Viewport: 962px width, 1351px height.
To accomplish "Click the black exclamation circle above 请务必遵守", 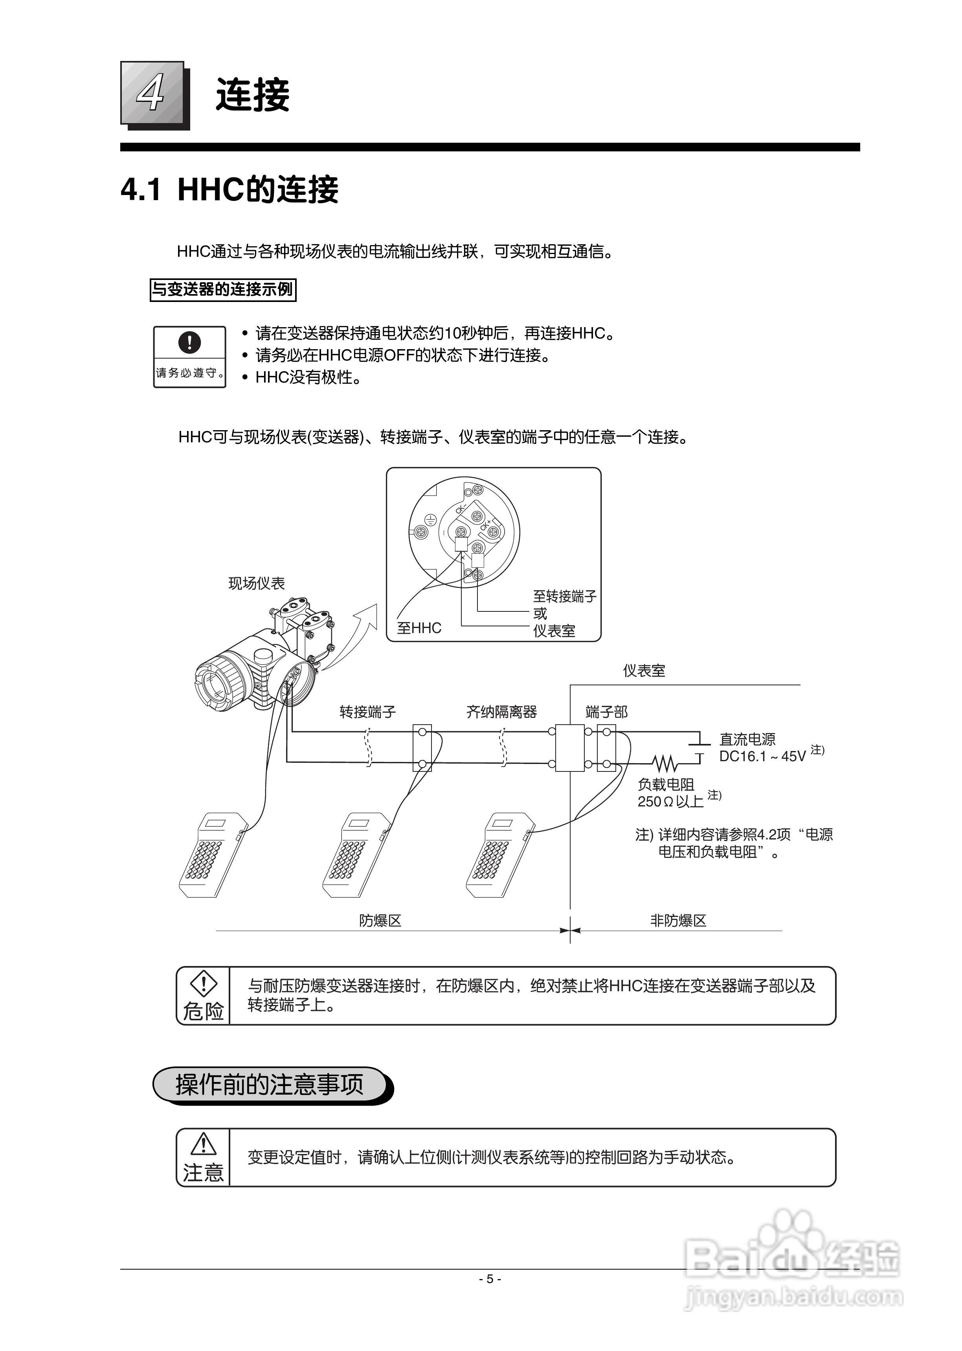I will [x=189, y=342].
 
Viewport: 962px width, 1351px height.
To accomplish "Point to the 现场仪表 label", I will [x=257, y=583].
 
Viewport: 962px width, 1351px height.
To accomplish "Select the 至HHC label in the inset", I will [x=419, y=628].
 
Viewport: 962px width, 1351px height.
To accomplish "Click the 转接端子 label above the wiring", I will [x=367, y=712].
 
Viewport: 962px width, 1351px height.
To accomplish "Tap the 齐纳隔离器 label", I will [x=501, y=712].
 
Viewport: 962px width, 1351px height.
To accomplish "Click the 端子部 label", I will [x=606, y=712].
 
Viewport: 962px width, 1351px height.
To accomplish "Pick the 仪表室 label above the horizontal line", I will [x=644, y=671].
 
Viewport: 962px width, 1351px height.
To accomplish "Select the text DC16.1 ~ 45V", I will [x=762, y=756].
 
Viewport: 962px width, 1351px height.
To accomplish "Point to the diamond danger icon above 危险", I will [x=203, y=984].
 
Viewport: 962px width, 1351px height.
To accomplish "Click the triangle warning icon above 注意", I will [x=203, y=1144].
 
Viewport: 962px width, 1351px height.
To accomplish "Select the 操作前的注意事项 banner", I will [x=270, y=1085].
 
